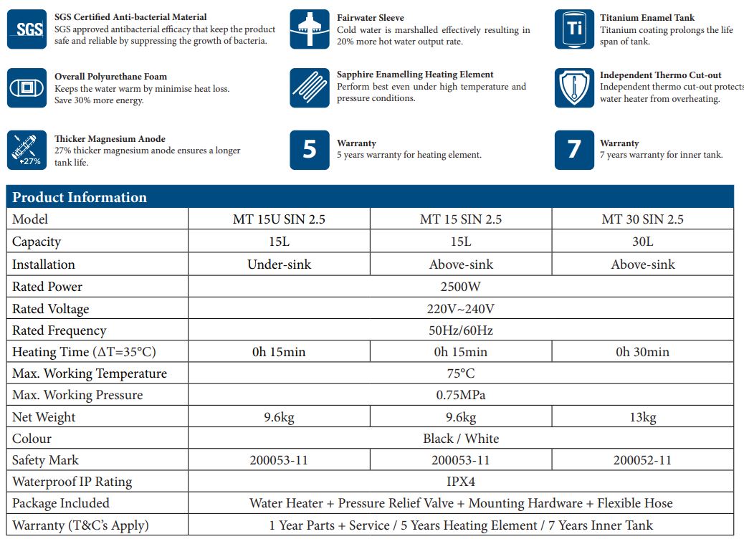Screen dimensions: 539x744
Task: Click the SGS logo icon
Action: [27, 29]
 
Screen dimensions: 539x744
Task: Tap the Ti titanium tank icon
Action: [574, 29]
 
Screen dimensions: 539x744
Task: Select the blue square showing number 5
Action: [310, 150]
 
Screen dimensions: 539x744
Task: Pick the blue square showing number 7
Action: [574, 150]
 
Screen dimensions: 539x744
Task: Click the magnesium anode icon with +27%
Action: [27, 150]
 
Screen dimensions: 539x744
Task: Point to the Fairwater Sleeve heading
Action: [371, 18]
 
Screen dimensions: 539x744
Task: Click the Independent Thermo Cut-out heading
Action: [660, 75]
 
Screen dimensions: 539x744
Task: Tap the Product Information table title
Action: [80, 197]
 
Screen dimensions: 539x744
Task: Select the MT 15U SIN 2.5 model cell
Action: [279, 219]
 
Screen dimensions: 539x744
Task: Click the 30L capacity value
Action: [642, 242]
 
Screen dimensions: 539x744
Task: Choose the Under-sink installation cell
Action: [279, 264]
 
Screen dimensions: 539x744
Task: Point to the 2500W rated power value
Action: [460, 287]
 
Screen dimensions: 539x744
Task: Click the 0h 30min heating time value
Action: [642, 352]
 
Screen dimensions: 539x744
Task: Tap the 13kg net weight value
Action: [642, 417]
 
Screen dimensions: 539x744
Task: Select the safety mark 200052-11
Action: [642, 460]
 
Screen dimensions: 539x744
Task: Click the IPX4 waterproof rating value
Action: [460, 482]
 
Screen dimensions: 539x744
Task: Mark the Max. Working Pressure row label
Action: [77, 395]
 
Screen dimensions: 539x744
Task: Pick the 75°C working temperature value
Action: [460, 373]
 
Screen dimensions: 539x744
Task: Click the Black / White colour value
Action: [460, 439]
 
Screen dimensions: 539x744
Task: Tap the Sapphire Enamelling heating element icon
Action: [310, 87]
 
